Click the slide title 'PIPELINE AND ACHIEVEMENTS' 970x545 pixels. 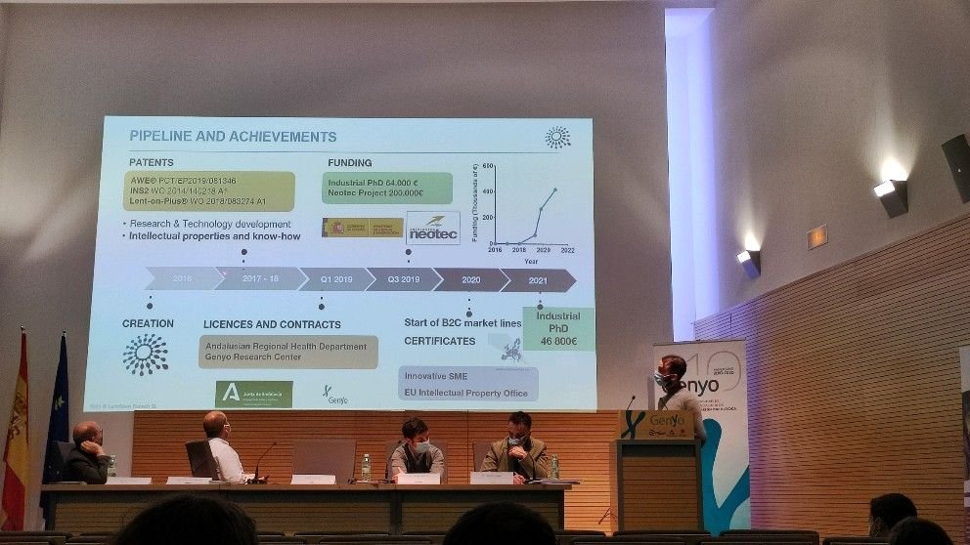point(233,137)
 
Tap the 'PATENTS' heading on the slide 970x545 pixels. point(152,162)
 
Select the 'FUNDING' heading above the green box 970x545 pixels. point(349,162)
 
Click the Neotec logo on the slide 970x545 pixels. point(432,228)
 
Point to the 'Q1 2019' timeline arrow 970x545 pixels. point(336,280)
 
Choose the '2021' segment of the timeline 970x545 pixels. point(537,280)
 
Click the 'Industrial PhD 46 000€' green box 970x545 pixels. point(557,329)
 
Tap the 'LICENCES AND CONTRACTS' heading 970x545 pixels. point(272,324)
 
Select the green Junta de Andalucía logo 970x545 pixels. point(253,394)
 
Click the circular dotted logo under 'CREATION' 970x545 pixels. point(146,355)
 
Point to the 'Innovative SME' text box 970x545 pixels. point(467,384)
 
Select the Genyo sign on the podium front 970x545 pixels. point(656,425)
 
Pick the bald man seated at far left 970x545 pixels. point(87,453)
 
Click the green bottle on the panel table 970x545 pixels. point(366,468)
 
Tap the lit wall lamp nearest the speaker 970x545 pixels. point(749,261)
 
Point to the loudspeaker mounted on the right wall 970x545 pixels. point(955,167)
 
